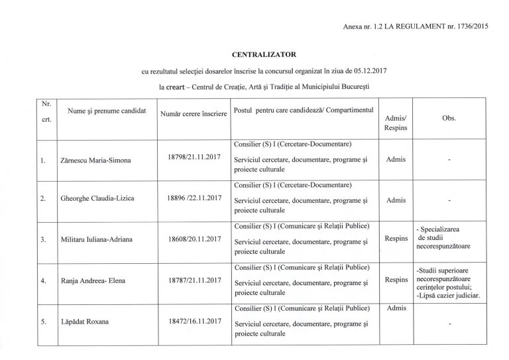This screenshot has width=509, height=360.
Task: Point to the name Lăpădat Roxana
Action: click(83, 323)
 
